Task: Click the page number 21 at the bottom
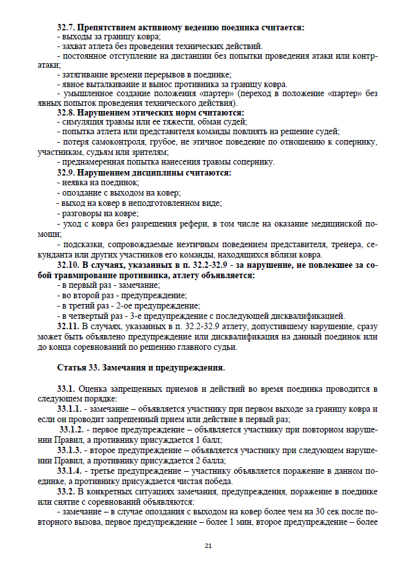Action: click(208, 546)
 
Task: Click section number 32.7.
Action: click(67, 28)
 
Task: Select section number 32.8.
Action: click(67, 112)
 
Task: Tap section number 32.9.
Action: click(67, 173)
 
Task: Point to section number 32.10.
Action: click(69, 265)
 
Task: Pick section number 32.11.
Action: click(68, 327)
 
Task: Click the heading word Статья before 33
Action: click(71, 368)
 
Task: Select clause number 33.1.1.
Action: click(71, 409)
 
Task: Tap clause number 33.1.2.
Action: click(72, 430)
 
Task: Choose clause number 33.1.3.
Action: click(71, 450)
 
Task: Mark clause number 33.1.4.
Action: click(71, 471)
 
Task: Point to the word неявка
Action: click(74, 183)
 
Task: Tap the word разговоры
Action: click(81, 213)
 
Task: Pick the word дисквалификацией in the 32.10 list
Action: click(313, 316)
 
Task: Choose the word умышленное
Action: click(86, 94)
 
